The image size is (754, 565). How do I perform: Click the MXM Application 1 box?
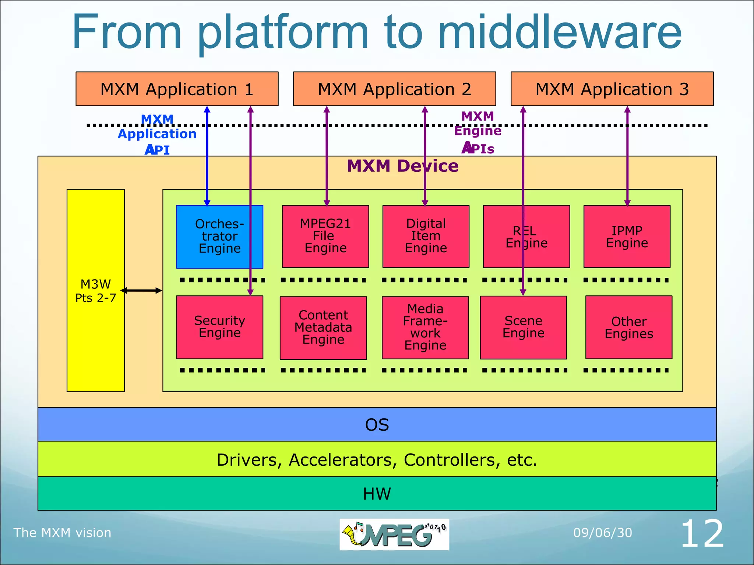click(x=177, y=89)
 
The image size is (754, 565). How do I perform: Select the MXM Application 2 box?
click(x=394, y=89)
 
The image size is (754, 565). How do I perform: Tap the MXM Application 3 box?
click(x=612, y=89)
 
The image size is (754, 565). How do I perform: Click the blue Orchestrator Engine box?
click(x=219, y=237)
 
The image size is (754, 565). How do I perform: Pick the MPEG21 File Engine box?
click(x=325, y=236)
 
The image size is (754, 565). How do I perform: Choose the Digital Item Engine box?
click(x=426, y=236)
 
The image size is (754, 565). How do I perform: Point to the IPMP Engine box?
click(x=627, y=236)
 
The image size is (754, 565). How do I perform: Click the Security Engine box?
click(x=219, y=327)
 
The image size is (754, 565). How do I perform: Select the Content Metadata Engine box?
click(x=323, y=327)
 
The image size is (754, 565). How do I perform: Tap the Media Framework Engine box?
click(x=425, y=327)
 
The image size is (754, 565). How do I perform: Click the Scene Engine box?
click(x=523, y=327)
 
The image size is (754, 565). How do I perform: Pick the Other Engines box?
click(x=629, y=327)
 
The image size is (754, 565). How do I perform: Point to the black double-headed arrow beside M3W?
click(x=141, y=291)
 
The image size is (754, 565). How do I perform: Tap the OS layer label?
click(x=377, y=425)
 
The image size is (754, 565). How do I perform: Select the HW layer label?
click(x=377, y=494)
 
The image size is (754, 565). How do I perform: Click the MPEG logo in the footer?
click(x=394, y=534)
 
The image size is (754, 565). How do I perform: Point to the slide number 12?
click(x=702, y=534)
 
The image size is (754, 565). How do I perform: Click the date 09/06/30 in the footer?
click(x=603, y=533)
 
